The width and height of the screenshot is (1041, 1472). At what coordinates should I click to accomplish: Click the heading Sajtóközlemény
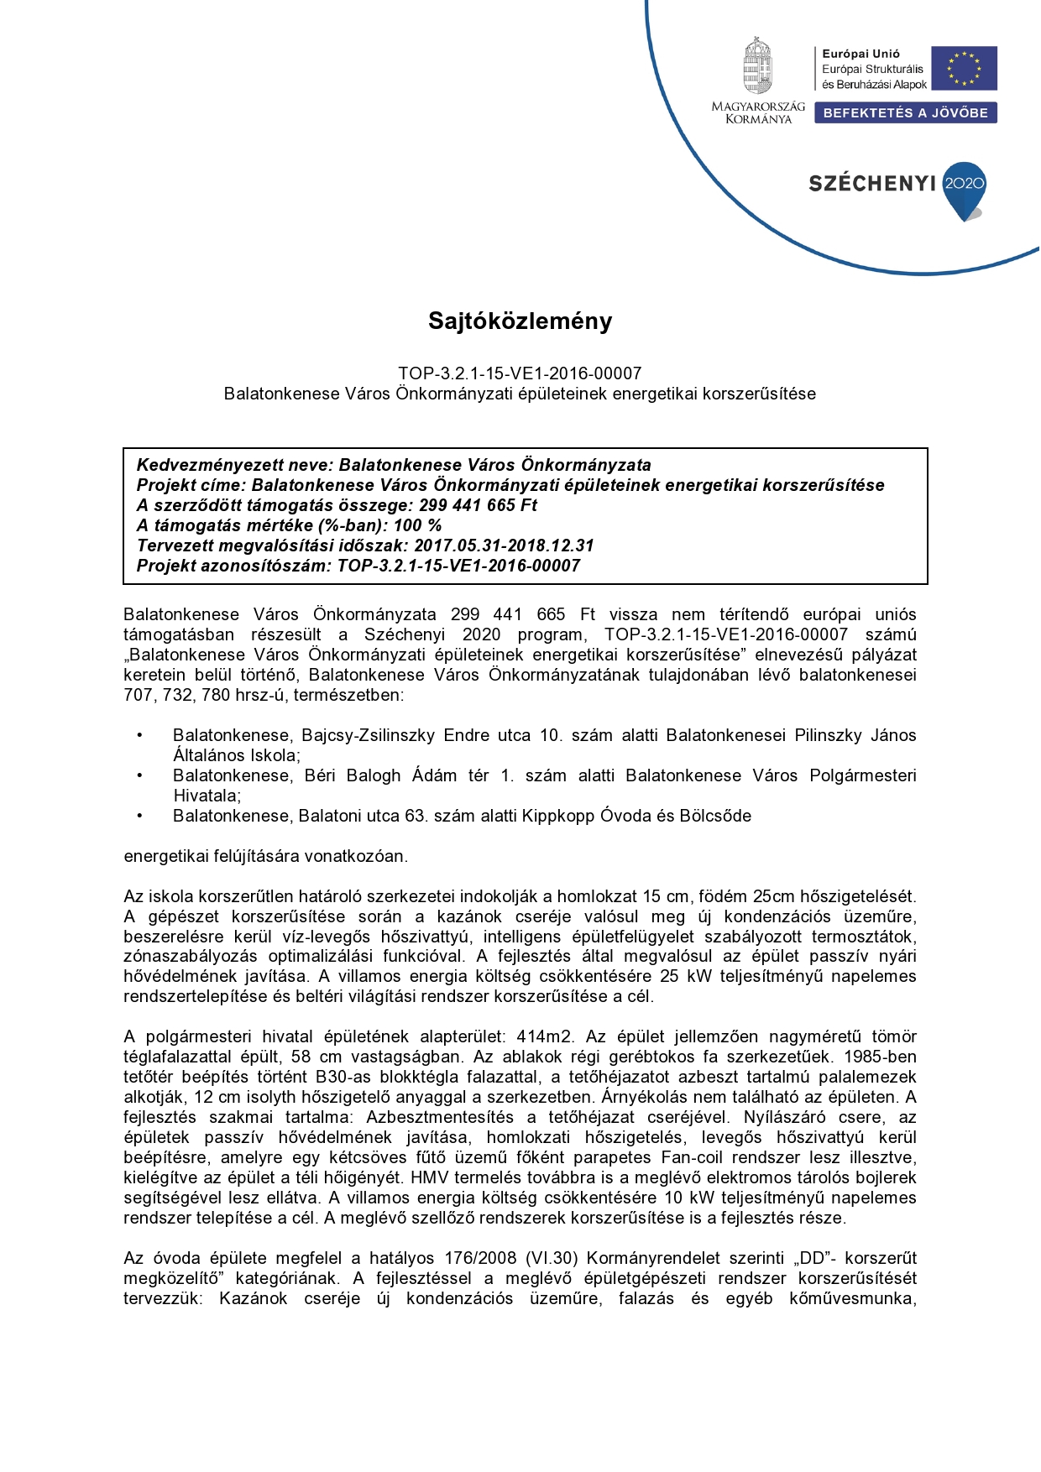coord(520,321)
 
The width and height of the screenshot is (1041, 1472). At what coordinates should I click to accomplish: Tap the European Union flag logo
coord(964,68)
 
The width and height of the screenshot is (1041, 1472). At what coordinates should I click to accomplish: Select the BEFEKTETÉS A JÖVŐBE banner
coord(905,113)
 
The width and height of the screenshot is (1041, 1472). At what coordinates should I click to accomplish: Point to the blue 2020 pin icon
coord(965,188)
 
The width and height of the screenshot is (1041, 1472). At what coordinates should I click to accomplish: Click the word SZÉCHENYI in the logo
coord(872,184)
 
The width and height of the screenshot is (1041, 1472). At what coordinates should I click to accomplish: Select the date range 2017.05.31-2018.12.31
coord(504,545)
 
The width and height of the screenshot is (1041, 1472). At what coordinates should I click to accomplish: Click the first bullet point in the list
coord(140,736)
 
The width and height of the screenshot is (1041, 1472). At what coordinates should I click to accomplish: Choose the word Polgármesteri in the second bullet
coord(862,776)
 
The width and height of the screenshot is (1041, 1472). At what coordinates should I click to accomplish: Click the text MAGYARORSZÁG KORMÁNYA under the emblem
coord(758,113)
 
